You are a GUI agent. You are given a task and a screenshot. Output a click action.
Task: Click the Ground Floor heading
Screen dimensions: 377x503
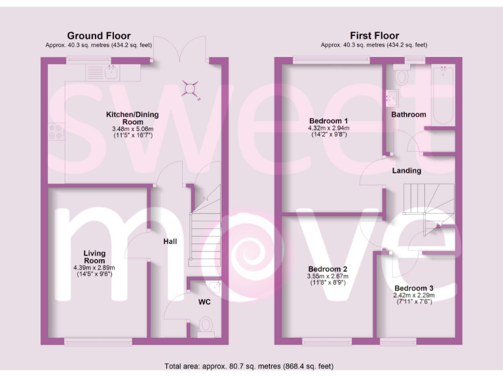99,36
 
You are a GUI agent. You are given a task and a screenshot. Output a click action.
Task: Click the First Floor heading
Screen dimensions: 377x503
374,36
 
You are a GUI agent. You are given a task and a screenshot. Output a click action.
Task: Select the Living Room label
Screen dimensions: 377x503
95,257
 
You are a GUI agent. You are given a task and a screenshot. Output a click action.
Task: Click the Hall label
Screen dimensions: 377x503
170,242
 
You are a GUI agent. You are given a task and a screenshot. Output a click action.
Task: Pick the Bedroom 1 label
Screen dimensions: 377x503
328,120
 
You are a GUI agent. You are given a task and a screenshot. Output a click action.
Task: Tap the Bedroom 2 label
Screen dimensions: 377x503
327,269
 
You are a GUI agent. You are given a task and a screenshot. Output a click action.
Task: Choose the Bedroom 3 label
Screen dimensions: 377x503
413,288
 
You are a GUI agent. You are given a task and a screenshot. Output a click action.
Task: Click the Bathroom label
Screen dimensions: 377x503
409,115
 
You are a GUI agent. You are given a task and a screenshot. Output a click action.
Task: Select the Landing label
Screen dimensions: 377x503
407,171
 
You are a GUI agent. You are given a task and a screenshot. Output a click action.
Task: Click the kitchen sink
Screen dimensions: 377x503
111,72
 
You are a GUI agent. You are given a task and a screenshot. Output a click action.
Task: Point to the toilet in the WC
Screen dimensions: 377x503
204,326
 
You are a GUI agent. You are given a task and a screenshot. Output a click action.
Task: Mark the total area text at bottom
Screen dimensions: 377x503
251,366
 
